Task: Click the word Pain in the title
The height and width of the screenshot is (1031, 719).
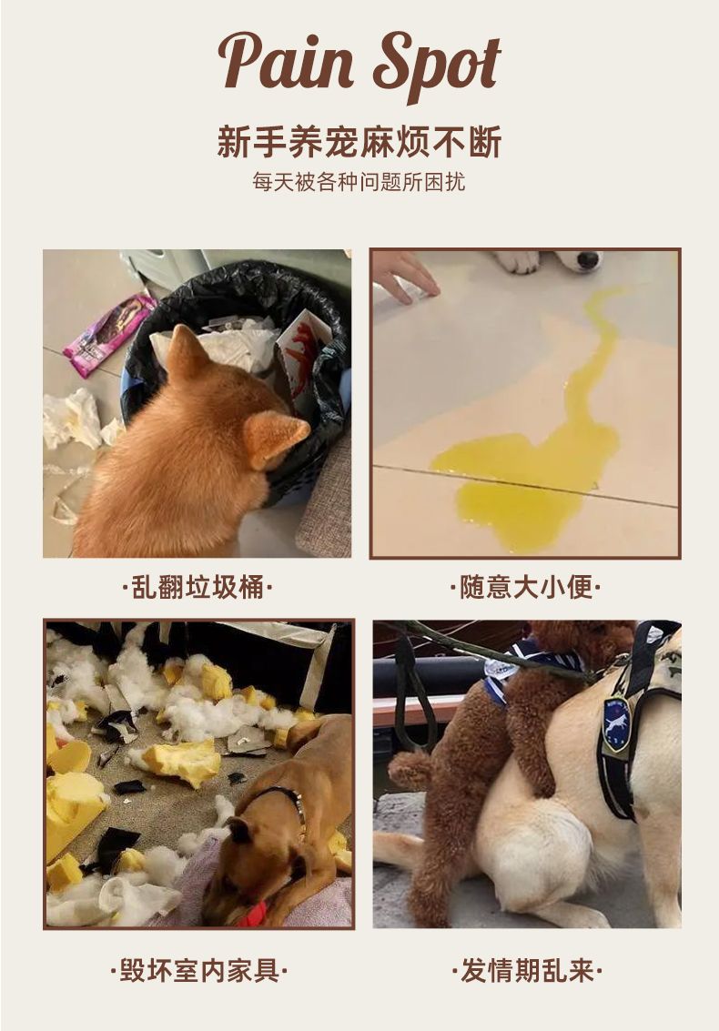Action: click(x=286, y=61)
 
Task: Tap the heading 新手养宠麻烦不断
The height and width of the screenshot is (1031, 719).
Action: click(x=359, y=141)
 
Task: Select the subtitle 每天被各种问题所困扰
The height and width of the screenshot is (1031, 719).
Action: click(x=359, y=182)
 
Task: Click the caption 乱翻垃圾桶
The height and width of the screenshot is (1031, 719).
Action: click(x=197, y=587)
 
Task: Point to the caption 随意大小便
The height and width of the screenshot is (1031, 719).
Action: click(x=525, y=587)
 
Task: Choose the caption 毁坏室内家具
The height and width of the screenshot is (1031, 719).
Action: click(x=198, y=971)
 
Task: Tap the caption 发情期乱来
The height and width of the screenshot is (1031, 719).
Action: click(x=526, y=971)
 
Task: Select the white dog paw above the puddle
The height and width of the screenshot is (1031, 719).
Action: click(x=517, y=261)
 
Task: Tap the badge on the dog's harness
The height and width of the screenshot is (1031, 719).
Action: click(x=616, y=724)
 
